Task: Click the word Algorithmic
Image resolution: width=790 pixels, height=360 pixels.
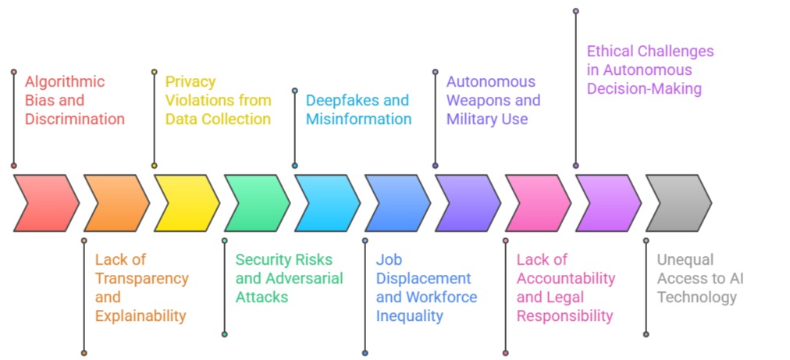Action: (x=65, y=82)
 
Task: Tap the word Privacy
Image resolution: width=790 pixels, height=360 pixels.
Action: (x=190, y=82)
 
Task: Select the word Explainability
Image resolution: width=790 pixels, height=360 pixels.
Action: (x=141, y=316)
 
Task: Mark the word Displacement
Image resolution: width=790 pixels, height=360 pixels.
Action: (x=424, y=279)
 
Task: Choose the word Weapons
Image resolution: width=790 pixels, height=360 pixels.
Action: (x=477, y=101)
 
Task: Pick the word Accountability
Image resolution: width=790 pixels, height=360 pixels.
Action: (x=566, y=279)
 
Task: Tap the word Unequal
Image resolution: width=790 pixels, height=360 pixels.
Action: (x=685, y=260)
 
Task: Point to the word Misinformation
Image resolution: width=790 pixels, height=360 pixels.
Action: (x=358, y=119)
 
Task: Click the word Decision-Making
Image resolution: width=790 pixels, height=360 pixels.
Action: (x=644, y=89)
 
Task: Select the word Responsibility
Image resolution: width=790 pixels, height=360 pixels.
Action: (x=564, y=316)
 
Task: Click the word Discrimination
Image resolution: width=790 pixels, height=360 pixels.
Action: (x=75, y=119)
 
